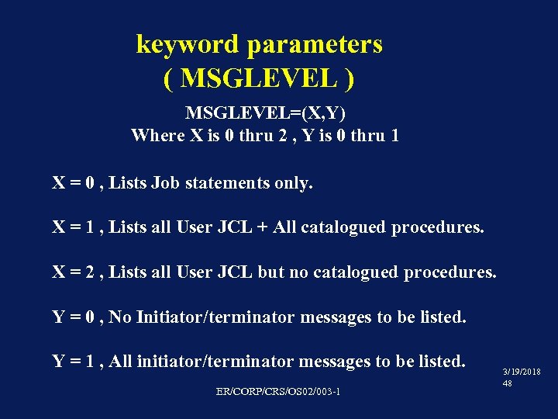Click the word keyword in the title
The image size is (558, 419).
click(x=187, y=44)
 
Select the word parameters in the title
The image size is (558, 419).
click(x=314, y=44)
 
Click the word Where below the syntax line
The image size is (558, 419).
click(x=157, y=136)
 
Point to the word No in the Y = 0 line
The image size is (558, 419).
click(x=120, y=317)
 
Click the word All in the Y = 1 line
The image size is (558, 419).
click(x=122, y=362)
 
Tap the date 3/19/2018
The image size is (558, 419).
click(x=522, y=373)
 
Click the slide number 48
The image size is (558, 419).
click(x=508, y=384)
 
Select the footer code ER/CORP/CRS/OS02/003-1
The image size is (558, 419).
click(x=278, y=391)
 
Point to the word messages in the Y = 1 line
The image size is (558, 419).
click(x=337, y=362)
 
